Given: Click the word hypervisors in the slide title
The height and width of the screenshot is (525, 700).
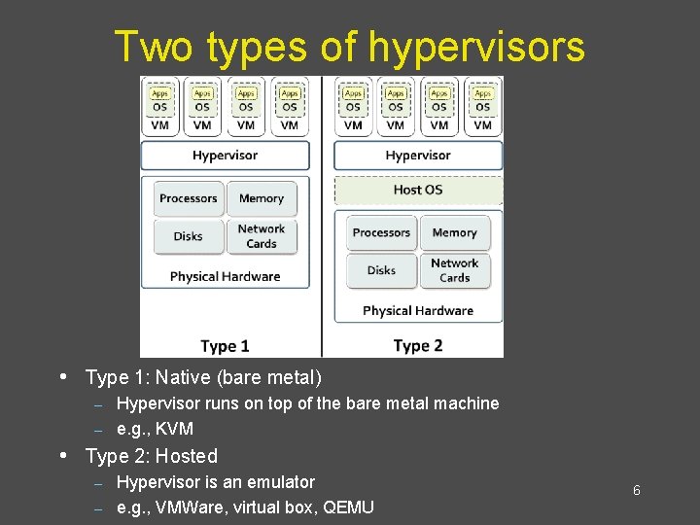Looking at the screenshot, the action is pyautogui.click(x=476, y=46).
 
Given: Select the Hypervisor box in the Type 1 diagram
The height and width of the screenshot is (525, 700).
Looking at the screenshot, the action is pyautogui.click(x=226, y=156).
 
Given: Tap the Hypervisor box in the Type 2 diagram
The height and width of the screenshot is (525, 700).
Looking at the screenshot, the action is pyautogui.click(x=418, y=156).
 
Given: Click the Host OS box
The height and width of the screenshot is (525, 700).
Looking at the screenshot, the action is pyautogui.click(x=418, y=190).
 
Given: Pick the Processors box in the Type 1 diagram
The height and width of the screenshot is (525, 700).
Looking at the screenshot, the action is pyautogui.click(x=189, y=198).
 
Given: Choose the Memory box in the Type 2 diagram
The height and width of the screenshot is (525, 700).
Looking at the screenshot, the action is pyautogui.click(x=455, y=232).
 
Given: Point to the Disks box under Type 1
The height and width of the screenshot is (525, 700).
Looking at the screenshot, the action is pyautogui.click(x=189, y=236).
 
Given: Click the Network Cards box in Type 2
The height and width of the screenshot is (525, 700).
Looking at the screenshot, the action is pyautogui.click(x=455, y=270).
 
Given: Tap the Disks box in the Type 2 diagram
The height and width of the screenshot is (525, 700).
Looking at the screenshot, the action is pyautogui.click(x=381, y=270).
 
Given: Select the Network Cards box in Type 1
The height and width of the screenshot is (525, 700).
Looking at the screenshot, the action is pyautogui.click(x=262, y=236).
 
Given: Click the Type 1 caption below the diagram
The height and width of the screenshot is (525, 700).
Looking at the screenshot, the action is pyautogui.click(x=225, y=345).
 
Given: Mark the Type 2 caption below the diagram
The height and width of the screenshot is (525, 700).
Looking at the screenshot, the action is pyautogui.click(x=418, y=345).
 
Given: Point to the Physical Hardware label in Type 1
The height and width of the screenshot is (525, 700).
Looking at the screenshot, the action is pyautogui.click(x=225, y=276).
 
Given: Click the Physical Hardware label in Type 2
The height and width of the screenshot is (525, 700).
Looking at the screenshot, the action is pyautogui.click(x=418, y=311).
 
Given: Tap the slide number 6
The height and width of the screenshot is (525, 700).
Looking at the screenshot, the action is pyautogui.click(x=637, y=490).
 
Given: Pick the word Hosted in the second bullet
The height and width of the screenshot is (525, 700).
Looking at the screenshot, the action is pyautogui.click(x=188, y=456).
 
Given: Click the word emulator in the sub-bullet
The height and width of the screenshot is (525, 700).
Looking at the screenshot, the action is pyautogui.click(x=274, y=482).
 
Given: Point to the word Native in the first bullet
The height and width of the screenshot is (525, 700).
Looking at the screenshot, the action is pyautogui.click(x=180, y=377).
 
